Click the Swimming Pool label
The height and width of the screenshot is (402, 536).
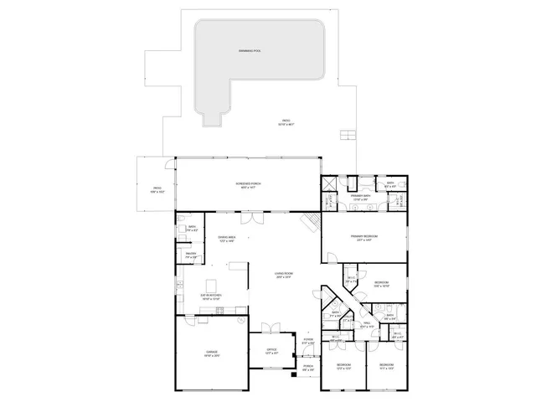pos(250,51)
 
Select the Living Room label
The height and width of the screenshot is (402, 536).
pos(283,275)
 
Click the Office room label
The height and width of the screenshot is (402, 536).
pos(271,351)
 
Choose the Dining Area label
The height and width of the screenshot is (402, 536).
pos(226,239)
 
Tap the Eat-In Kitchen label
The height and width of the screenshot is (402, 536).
pos(209,296)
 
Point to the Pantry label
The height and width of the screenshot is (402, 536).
pos(191,255)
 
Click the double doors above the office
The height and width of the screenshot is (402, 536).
pos(270,327)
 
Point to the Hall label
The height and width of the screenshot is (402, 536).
pos(367,324)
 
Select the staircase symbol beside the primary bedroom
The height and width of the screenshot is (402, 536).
pos(311,221)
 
